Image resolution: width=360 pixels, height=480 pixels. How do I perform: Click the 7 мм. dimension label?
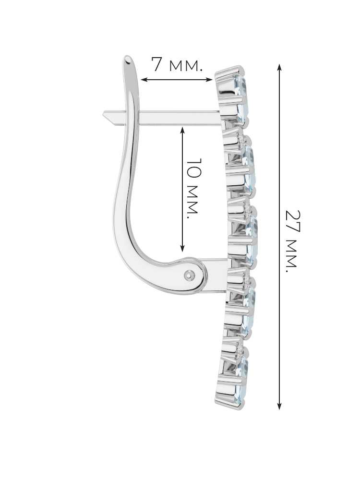[177, 65]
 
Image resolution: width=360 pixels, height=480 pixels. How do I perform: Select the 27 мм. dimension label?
[291, 241]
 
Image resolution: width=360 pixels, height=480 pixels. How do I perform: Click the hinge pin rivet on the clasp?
[190, 275]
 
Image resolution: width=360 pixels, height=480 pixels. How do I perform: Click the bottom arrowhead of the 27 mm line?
[279, 406]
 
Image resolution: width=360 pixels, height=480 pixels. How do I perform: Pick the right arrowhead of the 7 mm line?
[209, 80]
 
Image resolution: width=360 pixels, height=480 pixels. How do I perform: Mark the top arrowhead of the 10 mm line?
[183, 131]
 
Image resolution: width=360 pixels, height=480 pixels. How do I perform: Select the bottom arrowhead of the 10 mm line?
[183, 248]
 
